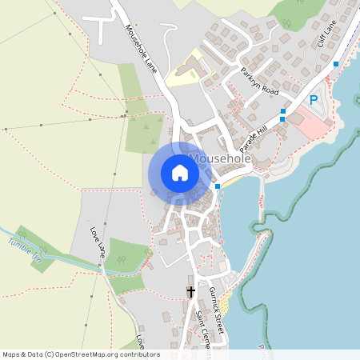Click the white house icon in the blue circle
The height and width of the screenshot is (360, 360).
pyautogui.click(x=179, y=173)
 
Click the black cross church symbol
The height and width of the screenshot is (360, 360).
pyautogui.click(x=190, y=292)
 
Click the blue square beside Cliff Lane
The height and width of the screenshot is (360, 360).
pyautogui.click(x=336, y=63)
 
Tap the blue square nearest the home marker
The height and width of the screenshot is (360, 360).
pyautogui.click(x=218, y=186)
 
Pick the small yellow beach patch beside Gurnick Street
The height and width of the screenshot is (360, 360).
pyautogui.click(x=226, y=302)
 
